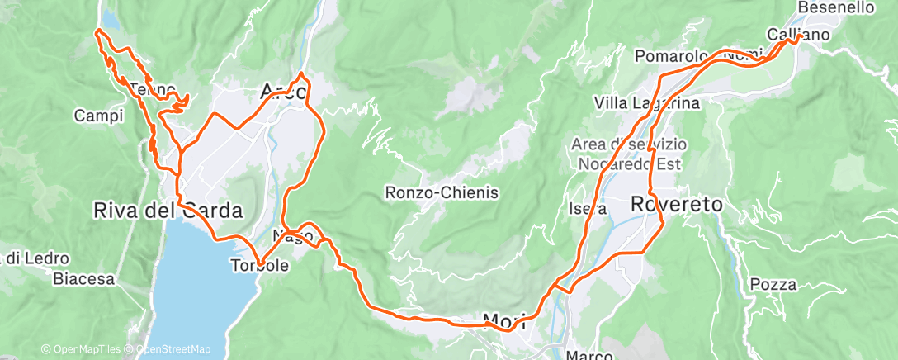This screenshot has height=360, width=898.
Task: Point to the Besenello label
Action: tap(836, 7)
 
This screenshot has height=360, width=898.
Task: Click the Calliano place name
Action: tap(797, 34)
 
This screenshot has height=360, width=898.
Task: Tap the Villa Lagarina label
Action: tap(647, 103)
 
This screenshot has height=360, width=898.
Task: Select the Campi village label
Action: tap(98, 116)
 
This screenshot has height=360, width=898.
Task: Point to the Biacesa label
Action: tap(83, 279)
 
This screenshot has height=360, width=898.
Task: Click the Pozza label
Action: tap(773, 285)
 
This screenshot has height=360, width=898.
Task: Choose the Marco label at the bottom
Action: tap(590, 356)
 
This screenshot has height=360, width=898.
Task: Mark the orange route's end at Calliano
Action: tap(800, 37)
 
